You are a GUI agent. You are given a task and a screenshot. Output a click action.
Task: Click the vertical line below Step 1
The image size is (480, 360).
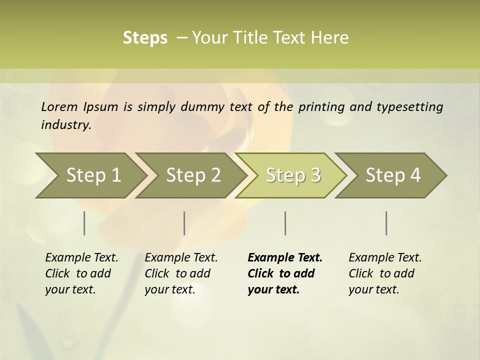click(84, 223)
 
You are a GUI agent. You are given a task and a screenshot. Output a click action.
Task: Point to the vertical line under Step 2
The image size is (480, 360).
click(184, 223)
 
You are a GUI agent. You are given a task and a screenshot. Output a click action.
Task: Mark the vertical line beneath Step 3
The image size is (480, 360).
click(285, 223)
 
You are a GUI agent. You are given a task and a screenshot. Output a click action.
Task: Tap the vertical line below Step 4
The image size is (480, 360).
click(386, 223)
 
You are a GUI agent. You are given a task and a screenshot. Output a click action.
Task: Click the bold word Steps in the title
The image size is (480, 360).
click(145, 38)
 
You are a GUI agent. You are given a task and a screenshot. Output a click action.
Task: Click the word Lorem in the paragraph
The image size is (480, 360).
click(59, 107)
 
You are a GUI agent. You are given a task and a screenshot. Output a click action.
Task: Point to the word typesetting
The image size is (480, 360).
click(409, 107)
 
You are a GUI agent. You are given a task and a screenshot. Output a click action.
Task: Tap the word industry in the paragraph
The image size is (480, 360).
click(66, 125)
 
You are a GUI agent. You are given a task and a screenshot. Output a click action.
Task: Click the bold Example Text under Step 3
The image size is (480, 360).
click(285, 257)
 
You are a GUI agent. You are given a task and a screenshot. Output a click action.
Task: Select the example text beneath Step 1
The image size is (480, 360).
click(81, 273)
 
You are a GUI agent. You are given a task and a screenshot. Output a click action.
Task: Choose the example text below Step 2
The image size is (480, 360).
click(181, 273)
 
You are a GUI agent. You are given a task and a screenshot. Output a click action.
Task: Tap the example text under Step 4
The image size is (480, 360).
click(385, 273)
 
